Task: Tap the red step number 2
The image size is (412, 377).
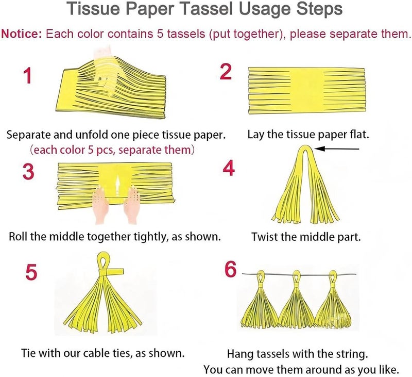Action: click(226, 72)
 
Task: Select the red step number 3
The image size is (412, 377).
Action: click(29, 171)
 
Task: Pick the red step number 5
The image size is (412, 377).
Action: click(31, 272)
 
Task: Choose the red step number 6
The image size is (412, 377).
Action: click(231, 269)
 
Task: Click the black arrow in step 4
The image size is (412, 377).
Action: click(338, 150)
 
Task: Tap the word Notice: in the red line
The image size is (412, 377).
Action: click(22, 35)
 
